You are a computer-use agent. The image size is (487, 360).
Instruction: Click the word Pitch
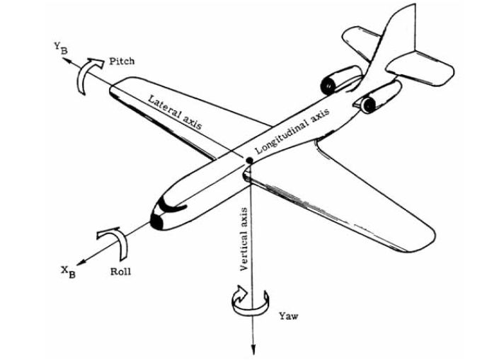[122, 61]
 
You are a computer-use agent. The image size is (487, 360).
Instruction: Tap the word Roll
[121, 272]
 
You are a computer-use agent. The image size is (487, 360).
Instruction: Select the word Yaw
[289, 316]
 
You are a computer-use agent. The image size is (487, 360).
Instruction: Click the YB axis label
[61, 48]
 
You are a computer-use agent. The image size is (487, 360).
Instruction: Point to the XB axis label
[69, 272]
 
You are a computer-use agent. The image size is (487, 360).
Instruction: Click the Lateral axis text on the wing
[175, 112]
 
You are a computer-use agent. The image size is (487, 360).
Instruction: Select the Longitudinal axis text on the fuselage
[292, 131]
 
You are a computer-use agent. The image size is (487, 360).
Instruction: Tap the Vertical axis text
[244, 239]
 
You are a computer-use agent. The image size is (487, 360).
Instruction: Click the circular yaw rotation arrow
[251, 307]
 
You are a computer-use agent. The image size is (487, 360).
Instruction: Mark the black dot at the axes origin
[249, 161]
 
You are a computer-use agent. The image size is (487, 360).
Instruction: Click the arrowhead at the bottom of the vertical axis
[253, 349]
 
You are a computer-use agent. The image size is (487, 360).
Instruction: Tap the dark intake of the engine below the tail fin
[369, 105]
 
